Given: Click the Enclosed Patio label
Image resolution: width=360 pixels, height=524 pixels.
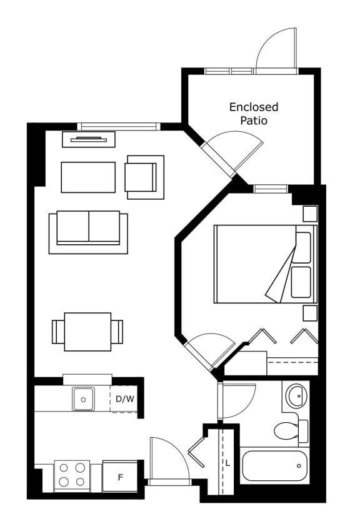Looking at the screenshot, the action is click(x=254, y=114).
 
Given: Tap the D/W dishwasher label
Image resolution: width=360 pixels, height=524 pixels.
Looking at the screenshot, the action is click(x=125, y=398).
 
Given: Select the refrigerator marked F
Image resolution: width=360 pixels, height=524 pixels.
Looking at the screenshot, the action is click(x=120, y=476).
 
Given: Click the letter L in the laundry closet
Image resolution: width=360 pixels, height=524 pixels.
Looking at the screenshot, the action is click(x=228, y=463).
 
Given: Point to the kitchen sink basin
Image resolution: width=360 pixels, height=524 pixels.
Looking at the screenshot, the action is click(x=84, y=399).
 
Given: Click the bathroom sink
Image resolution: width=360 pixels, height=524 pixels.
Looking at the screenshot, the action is click(x=296, y=396).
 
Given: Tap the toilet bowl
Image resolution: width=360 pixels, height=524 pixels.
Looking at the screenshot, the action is click(x=286, y=431).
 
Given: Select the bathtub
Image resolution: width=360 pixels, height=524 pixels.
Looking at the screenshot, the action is click(x=274, y=466).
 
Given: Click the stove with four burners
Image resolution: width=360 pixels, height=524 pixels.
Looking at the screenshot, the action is click(x=72, y=477).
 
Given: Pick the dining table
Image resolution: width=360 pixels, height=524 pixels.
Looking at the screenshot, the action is click(x=87, y=332).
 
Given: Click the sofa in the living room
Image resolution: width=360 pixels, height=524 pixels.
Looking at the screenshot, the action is click(x=88, y=232).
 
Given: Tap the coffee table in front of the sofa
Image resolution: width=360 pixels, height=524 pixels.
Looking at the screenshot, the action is click(x=88, y=177).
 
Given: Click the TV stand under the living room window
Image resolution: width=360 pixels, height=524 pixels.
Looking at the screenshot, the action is click(x=89, y=139).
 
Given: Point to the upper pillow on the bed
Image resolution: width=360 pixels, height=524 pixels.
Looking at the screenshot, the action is click(x=303, y=247).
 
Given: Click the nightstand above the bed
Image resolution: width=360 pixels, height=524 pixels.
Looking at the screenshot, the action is click(x=310, y=214).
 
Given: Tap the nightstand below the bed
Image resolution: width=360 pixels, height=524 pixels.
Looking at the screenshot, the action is click(x=310, y=313).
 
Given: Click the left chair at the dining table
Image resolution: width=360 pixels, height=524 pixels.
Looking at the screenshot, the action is click(x=58, y=332).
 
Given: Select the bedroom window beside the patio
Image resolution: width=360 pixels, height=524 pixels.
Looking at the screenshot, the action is click(x=271, y=189).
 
